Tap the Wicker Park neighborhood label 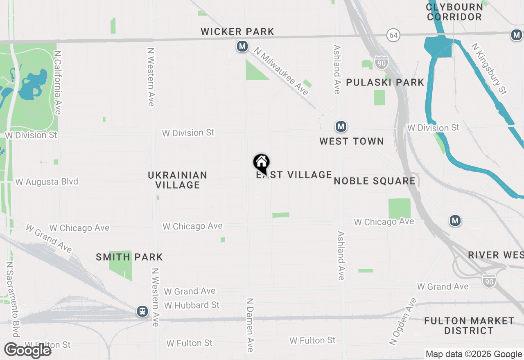237,32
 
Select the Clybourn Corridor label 454,12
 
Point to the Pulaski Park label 385,82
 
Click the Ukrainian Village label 178,180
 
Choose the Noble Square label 375,181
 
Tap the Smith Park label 129,257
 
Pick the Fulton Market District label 469,326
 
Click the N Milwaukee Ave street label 281,71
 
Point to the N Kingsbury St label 489,69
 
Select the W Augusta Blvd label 47,182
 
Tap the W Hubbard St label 192,305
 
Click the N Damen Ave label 250,325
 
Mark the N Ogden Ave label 402,322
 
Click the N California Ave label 58,83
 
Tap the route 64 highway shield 393,36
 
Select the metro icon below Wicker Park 242,47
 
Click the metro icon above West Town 341,127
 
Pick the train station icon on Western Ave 142,312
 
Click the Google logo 28,351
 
